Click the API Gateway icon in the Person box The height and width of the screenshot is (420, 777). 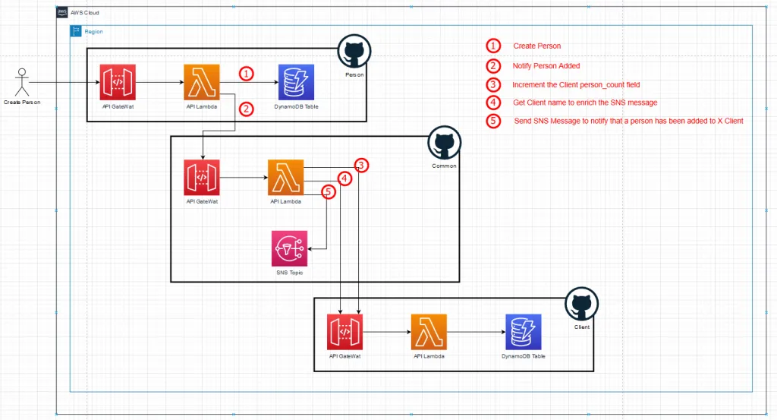pos(118,82)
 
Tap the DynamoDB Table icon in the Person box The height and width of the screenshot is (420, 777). pos(296,82)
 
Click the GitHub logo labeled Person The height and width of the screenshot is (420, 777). pos(354,52)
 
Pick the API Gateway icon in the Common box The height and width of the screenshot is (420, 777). pos(202,178)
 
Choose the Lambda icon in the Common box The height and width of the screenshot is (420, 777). pos(285,178)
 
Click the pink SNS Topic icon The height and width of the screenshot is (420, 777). pos(289,248)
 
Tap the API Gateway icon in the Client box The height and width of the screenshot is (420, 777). pos(345,332)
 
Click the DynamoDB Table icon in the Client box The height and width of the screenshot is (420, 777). pos(524,332)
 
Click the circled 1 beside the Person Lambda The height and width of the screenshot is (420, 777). pos(246,74)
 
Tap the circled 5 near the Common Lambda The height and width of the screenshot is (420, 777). pos(329,193)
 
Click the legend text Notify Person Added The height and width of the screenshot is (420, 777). pos(546,66)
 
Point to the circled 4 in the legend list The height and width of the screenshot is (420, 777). pos(495,103)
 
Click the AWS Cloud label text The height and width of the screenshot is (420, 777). pos(84,14)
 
